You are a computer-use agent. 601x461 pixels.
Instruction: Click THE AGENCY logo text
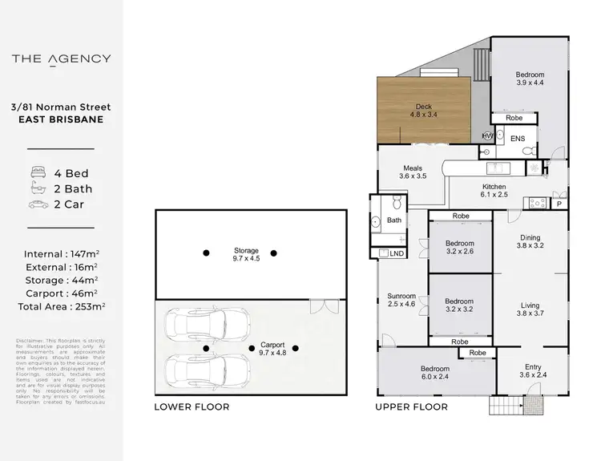coord(62,59)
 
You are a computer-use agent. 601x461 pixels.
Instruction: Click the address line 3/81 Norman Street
coord(62,107)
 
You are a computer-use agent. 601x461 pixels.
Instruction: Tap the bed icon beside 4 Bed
coord(38,173)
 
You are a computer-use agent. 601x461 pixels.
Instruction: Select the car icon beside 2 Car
coord(38,204)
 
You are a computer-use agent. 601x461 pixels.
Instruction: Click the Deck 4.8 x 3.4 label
coord(423,110)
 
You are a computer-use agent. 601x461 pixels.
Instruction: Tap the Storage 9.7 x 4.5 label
coord(245,254)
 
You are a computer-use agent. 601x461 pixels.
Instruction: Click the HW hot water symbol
coord(487,136)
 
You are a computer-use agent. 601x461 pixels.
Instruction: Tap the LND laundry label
coord(396,253)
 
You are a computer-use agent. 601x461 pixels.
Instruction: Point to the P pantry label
coord(559,204)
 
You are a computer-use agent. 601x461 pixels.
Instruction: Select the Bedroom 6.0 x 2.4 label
coord(437,374)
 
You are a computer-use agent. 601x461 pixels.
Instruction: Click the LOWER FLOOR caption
coord(192,407)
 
